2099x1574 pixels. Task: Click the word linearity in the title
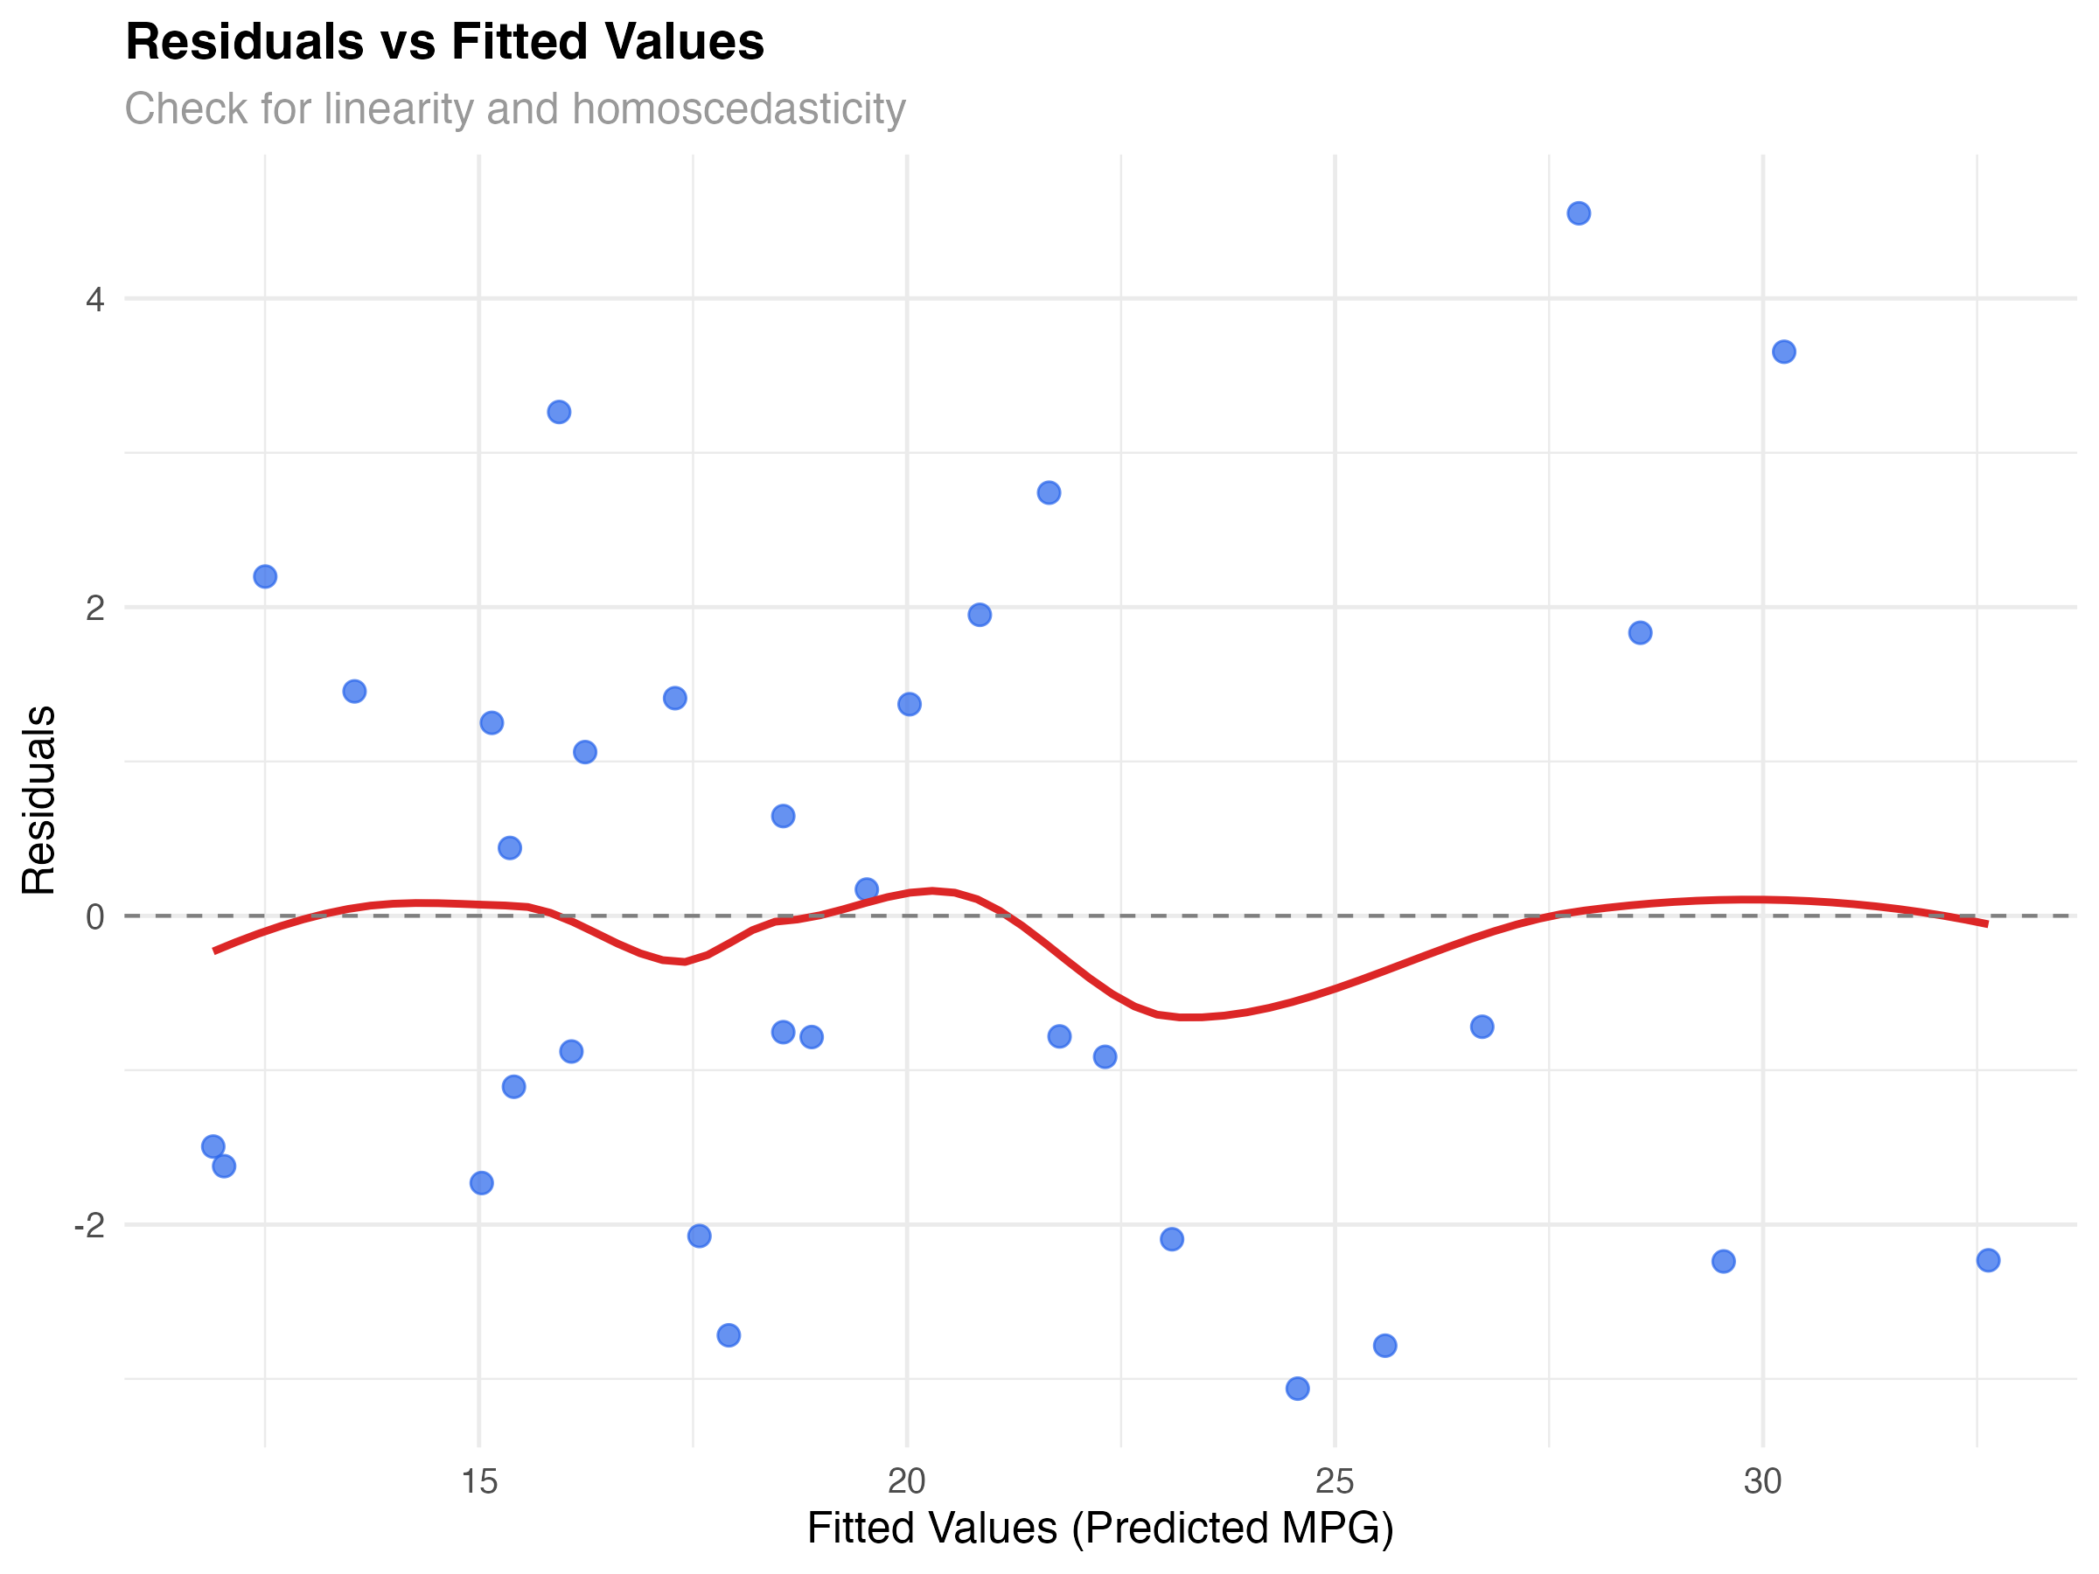coord(398,109)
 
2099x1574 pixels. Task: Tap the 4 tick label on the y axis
coord(94,300)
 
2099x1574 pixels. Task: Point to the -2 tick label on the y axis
coord(90,1226)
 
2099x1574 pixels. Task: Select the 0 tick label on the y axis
coord(94,917)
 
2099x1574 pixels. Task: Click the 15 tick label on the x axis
coord(478,1482)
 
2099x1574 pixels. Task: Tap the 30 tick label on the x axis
coord(1763,1482)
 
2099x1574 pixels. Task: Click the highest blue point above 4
coord(1579,213)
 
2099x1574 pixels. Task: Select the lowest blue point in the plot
coord(1297,1389)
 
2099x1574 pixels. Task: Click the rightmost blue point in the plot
coord(1989,1260)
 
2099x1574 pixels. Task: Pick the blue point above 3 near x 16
coord(559,412)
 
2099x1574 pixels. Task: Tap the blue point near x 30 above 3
coord(1784,352)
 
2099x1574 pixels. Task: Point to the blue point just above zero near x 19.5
coord(867,889)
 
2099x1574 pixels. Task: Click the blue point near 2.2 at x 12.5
coord(266,577)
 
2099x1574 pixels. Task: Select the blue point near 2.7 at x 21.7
coord(1049,492)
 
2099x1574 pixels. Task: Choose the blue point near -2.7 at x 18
coord(729,1336)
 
